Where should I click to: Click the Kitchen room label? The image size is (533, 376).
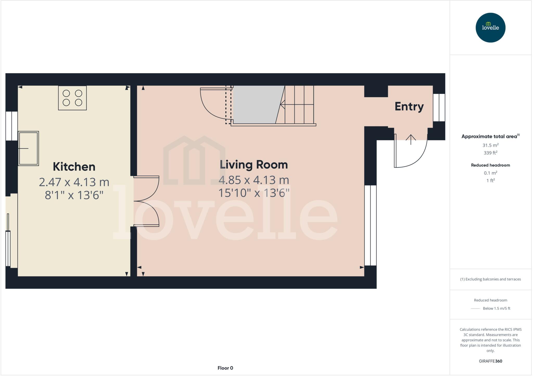click(x=74, y=167)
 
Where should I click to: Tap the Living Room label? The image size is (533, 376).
click(x=254, y=165)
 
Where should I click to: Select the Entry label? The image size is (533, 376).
click(x=409, y=107)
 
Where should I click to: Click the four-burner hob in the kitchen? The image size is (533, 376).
click(x=72, y=98)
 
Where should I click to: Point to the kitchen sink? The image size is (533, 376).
click(x=28, y=148)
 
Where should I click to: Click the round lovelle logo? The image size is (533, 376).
click(x=490, y=28)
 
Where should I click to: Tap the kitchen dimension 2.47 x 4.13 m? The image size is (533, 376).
click(x=74, y=182)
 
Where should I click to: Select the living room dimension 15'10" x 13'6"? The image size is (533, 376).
click(x=254, y=193)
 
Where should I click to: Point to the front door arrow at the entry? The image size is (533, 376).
click(x=411, y=140)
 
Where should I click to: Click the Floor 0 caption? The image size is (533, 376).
click(x=225, y=368)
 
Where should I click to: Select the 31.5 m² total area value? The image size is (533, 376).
click(x=490, y=145)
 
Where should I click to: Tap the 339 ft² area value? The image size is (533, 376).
click(x=490, y=153)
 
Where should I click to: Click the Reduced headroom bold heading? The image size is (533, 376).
click(x=490, y=165)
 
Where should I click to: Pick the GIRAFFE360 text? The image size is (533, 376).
click(x=490, y=361)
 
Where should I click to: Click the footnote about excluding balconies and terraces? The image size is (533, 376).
click(x=490, y=279)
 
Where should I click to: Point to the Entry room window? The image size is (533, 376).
click(x=439, y=107)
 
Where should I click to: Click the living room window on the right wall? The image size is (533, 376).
click(x=370, y=225)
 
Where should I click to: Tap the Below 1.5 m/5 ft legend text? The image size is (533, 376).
click(x=496, y=308)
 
